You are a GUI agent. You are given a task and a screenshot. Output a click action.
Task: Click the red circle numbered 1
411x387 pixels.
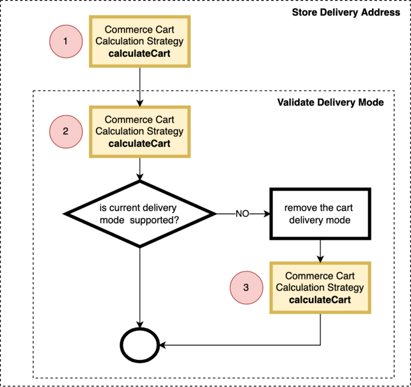click(x=65, y=41)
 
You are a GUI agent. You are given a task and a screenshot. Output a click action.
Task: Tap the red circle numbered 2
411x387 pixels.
click(x=65, y=131)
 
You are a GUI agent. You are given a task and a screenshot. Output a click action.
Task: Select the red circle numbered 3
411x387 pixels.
click(x=246, y=287)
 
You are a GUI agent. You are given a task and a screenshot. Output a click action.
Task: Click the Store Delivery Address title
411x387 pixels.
click(x=346, y=12)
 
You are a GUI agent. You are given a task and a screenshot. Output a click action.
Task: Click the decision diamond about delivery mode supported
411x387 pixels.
click(x=139, y=214)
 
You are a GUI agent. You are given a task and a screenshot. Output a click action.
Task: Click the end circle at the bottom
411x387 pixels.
click(x=139, y=345)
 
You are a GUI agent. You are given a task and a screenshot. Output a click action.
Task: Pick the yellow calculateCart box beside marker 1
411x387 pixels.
click(x=139, y=41)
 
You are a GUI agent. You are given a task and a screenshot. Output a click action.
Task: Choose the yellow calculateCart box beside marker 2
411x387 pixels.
click(x=139, y=131)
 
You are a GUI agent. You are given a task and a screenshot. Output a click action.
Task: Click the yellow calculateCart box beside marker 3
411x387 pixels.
click(x=320, y=287)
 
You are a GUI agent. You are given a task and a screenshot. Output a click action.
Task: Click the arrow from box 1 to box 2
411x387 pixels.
click(x=139, y=86)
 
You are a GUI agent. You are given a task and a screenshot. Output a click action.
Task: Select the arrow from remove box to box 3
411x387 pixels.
click(x=320, y=251)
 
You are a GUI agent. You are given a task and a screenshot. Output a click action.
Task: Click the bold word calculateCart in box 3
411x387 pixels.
click(x=320, y=300)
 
